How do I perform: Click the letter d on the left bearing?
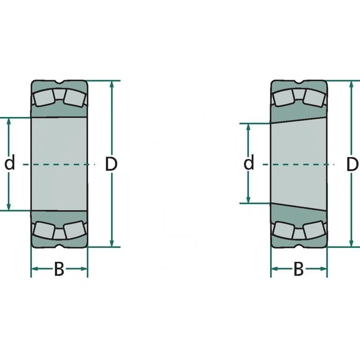tap(9, 163)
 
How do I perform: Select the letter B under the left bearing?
tap(59, 270)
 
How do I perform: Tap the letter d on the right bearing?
tap(249, 163)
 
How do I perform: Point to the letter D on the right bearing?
tap(353, 164)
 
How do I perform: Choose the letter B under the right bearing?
tap(299, 270)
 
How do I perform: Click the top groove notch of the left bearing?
tap(59, 82)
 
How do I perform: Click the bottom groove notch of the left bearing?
tap(59, 246)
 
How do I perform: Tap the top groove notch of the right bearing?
tap(299, 82)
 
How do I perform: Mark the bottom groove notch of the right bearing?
tap(299, 246)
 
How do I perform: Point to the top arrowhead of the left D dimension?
tap(112, 85)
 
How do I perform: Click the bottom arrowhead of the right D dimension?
tap(351, 243)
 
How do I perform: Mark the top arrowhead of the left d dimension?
tap(9, 122)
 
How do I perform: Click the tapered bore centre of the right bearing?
tap(299, 163)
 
